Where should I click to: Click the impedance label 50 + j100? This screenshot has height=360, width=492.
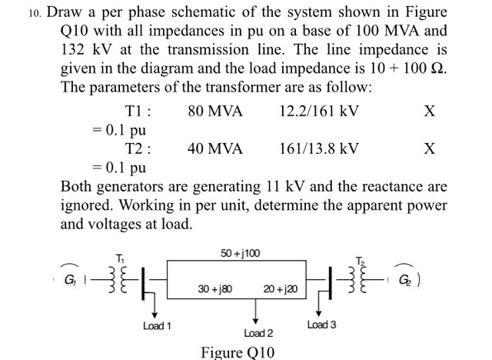pyautogui.click(x=241, y=252)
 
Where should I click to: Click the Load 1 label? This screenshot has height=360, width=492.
pyautogui.click(x=157, y=326)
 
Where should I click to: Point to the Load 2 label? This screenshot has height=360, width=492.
pyautogui.click(x=258, y=333)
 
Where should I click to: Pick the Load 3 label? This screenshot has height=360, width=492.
pyautogui.click(x=321, y=325)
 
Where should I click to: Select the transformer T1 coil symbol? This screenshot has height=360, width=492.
pyautogui.click(x=115, y=277)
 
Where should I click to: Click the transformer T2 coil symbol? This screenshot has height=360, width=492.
pyautogui.click(x=364, y=277)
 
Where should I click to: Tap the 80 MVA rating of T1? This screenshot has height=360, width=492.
pyautogui.click(x=214, y=112)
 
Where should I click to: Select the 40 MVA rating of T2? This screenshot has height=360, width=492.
pyautogui.click(x=214, y=148)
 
